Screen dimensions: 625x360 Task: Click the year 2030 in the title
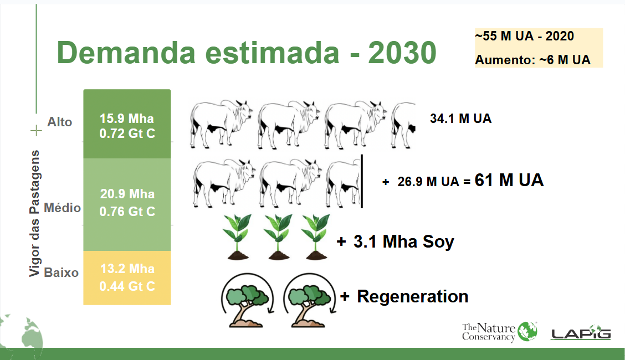click(402, 53)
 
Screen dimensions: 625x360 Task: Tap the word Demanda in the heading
click(126, 53)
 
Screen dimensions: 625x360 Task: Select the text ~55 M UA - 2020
click(524, 36)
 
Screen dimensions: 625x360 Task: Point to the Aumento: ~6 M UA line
click(532, 60)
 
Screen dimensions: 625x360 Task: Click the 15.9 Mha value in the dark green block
click(127, 119)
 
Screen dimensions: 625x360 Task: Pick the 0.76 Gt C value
click(127, 212)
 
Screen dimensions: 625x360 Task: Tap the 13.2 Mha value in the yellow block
click(127, 269)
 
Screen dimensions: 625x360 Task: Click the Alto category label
click(60, 122)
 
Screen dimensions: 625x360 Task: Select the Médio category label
click(62, 208)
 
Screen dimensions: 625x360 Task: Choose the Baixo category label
click(62, 273)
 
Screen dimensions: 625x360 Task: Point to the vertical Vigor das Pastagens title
click(34, 213)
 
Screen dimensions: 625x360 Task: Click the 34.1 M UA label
click(461, 119)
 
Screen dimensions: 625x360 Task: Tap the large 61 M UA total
click(509, 180)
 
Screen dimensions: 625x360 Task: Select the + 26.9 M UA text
click(421, 182)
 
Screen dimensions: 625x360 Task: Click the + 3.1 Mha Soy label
click(396, 241)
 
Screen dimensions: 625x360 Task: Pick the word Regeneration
click(413, 296)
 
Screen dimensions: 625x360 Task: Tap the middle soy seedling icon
click(278, 237)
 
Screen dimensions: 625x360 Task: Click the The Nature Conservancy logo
click(500, 332)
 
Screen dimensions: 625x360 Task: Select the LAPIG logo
click(581, 332)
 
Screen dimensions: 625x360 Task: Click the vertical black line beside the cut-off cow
click(362, 182)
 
